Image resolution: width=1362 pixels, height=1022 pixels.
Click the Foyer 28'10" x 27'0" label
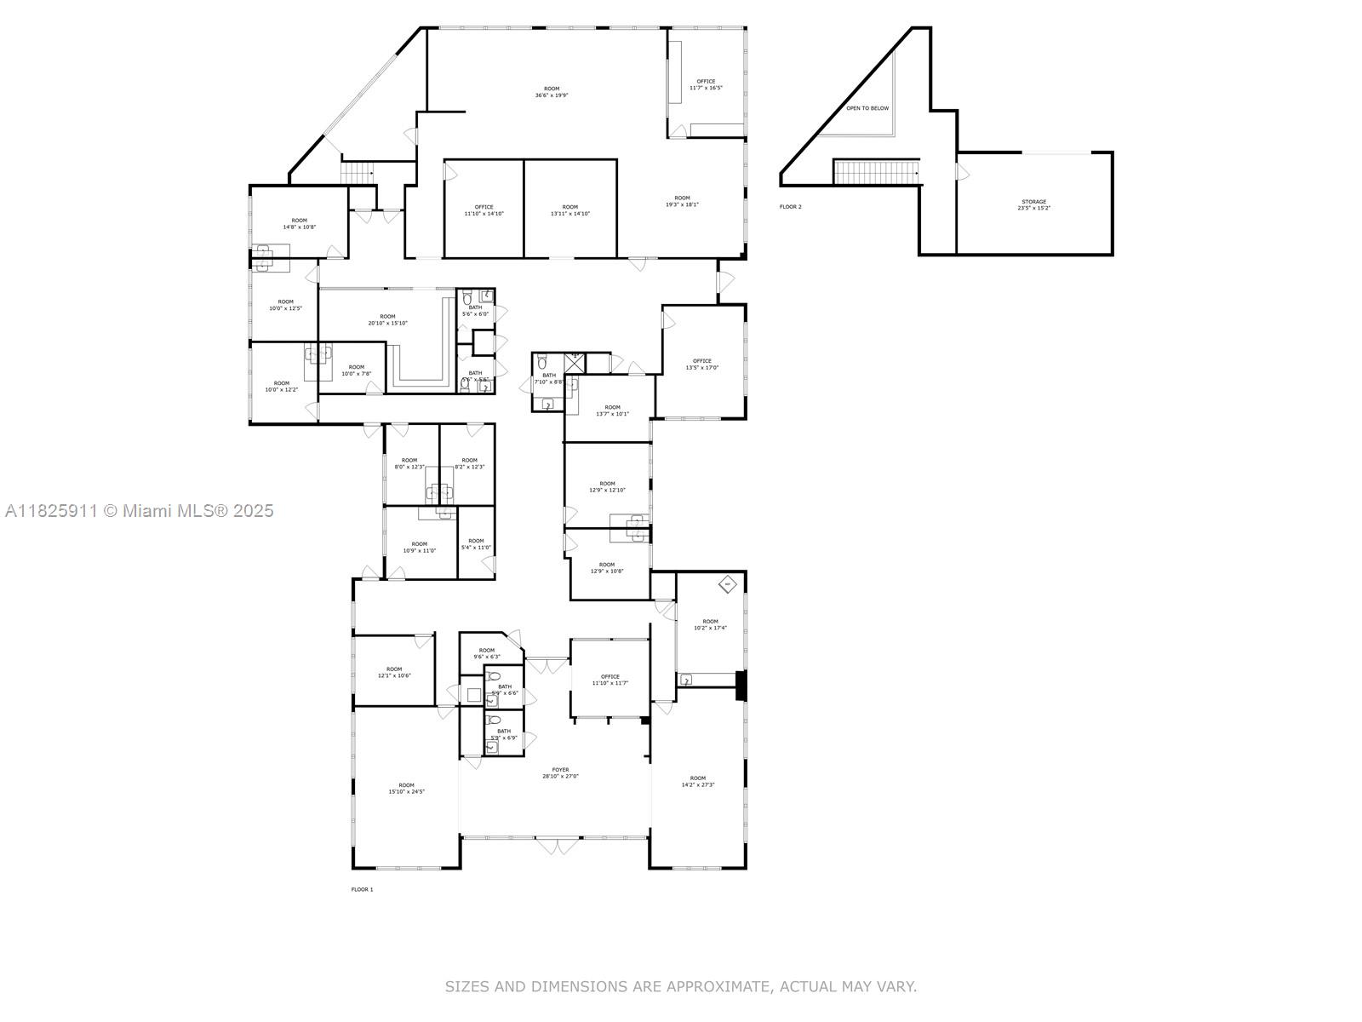tap(560, 772)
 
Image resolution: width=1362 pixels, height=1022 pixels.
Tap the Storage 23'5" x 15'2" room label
tap(1033, 204)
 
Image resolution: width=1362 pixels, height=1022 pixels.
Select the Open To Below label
tap(867, 108)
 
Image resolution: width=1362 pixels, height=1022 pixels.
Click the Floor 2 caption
tap(790, 207)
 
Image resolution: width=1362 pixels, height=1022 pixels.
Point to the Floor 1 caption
tap(362, 889)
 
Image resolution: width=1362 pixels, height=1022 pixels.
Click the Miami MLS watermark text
tap(140, 510)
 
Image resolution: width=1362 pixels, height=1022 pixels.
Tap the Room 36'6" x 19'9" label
tap(552, 92)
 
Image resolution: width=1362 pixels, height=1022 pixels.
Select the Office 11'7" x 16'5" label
tap(706, 84)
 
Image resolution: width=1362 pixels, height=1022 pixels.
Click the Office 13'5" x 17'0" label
tap(701, 364)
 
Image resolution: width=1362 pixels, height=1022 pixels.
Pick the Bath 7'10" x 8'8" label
tap(548, 378)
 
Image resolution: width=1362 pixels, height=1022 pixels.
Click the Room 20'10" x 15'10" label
tap(387, 319)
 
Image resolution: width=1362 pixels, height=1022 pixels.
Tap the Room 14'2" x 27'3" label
tap(697, 781)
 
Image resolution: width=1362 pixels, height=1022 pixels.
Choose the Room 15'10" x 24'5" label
tap(406, 788)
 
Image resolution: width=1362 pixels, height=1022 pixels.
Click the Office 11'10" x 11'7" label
tap(609, 680)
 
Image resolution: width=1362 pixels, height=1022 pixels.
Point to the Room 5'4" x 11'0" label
tap(476, 543)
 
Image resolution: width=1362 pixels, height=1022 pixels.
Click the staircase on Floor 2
tap(876, 172)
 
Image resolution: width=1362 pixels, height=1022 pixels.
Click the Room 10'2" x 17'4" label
tap(710, 624)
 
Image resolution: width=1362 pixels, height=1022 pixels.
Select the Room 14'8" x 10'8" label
tap(299, 223)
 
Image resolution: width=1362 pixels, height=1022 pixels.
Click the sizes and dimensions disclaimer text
tap(680, 986)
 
